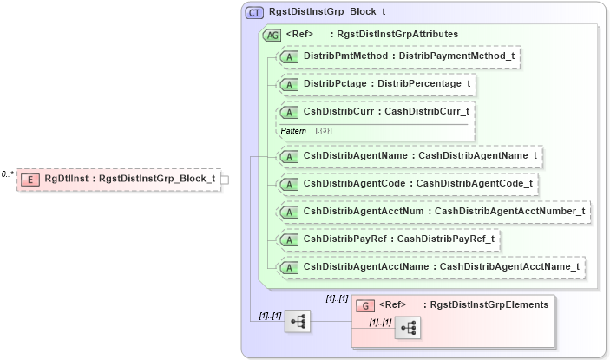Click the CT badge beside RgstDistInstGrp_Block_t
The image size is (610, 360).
click(254, 13)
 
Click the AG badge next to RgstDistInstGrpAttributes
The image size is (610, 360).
click(272, 35)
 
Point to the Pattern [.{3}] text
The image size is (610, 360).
click(306, 130)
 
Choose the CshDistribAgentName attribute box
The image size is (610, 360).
click(409, 156)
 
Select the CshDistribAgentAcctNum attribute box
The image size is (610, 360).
click(433, 211)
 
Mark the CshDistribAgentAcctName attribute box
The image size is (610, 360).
click(430, 266)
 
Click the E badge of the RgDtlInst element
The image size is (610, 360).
click(30, 179)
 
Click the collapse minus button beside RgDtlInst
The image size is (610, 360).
click(225, 179)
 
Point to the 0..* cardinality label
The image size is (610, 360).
click(7, 174)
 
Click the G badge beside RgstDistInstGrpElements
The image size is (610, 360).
click(366, 305)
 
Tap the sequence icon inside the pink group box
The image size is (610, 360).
click(408, 328)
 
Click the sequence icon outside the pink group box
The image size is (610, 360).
click(298, 322)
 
